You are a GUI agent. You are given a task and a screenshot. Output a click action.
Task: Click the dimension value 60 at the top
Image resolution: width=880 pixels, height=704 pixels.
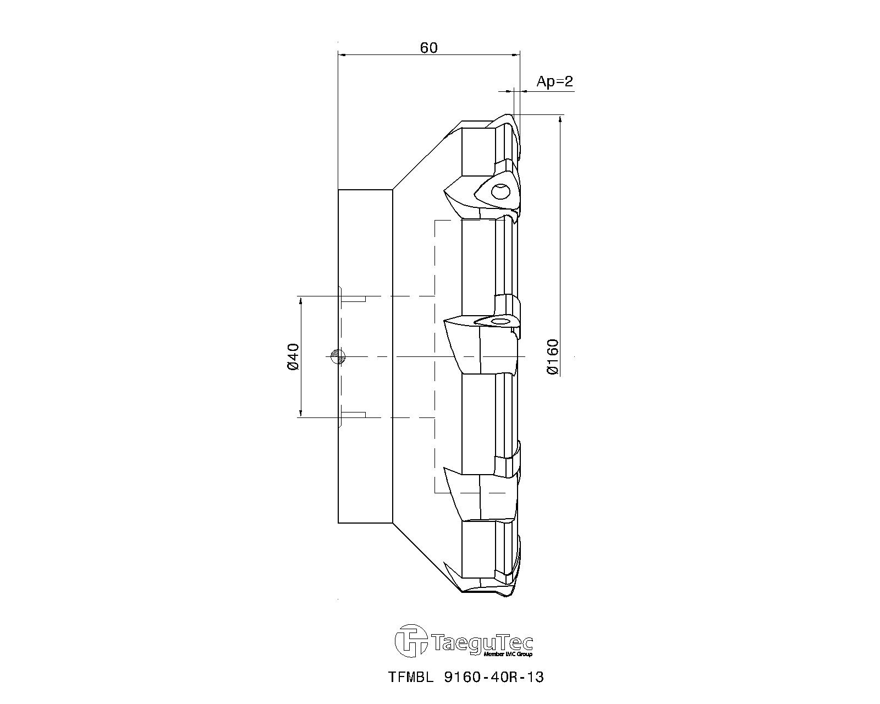click(428, 48)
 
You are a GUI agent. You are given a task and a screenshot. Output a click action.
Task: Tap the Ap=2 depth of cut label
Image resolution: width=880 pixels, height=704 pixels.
click(555, 82)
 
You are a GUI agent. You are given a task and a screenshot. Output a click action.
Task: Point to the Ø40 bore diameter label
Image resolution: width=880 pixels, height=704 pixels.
click(294, 357)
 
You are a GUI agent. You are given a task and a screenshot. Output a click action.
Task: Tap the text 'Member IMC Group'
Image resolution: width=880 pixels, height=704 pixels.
click(508, 654)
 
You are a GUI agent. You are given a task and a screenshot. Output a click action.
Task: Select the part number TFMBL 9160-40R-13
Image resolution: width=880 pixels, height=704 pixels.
click(466, 678)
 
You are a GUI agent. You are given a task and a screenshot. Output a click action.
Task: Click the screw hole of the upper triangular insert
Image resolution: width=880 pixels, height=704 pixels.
click(500, 191)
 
